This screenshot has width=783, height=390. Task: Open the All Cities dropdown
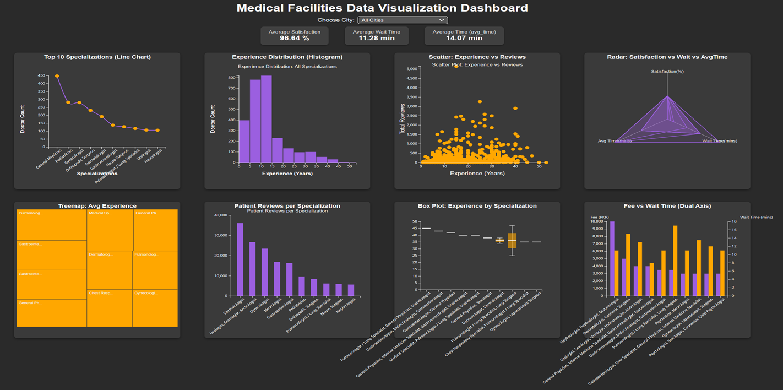(x=402, y=20)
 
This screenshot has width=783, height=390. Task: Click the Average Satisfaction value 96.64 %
(x=294, y=39)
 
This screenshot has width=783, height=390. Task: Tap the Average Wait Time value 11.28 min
(x=376, y=39)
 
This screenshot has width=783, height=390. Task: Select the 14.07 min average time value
(x=465, y=39)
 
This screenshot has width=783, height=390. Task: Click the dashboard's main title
(x=382, y=8)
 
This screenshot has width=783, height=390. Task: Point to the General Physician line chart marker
(x=57, y=76)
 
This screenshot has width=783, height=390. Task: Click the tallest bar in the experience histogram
(x=266, y=119)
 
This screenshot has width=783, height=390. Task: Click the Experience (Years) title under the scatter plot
(x=477, y=174)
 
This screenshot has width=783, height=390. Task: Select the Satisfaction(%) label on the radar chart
(x=667, y=72)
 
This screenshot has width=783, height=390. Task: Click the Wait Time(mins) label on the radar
(x=719, y=141)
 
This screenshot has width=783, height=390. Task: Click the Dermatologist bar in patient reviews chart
(x=240, y=259)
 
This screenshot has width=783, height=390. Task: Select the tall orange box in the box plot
(x=512, y=240)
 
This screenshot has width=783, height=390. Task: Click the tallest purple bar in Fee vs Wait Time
(x=612, y=258)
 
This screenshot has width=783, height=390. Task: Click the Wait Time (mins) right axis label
(x=756, y=218)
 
